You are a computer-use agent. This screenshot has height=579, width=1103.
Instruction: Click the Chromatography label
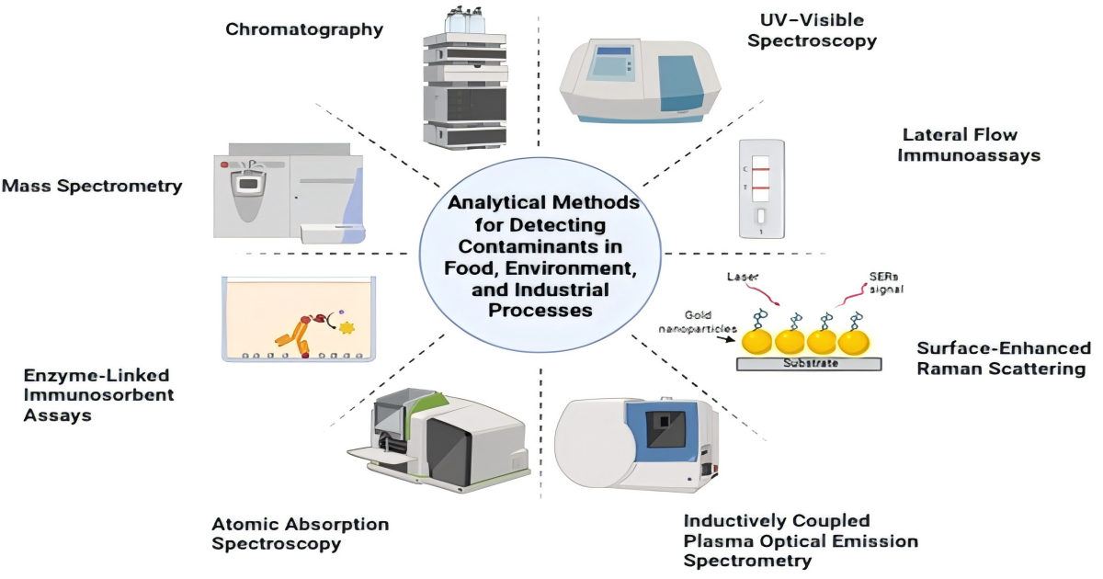pyautogui.click(x=304, y=29)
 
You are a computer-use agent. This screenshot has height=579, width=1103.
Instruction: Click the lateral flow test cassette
pyautogui.click(x=761, y=188)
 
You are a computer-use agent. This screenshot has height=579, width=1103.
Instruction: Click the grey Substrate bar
pyautogui.click(x=809, y=363)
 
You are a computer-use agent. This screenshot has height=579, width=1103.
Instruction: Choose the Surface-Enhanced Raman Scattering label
pyautogui.click(x=1003, y=358)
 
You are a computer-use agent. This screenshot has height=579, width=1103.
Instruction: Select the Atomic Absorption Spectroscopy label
pyautogui.click(x=300, y=533)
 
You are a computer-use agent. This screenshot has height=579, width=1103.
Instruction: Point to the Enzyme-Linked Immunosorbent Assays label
pyautogui.click(x=86, y=396)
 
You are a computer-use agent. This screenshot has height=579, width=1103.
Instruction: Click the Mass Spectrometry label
pyautogui.click(x=92, y=187)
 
